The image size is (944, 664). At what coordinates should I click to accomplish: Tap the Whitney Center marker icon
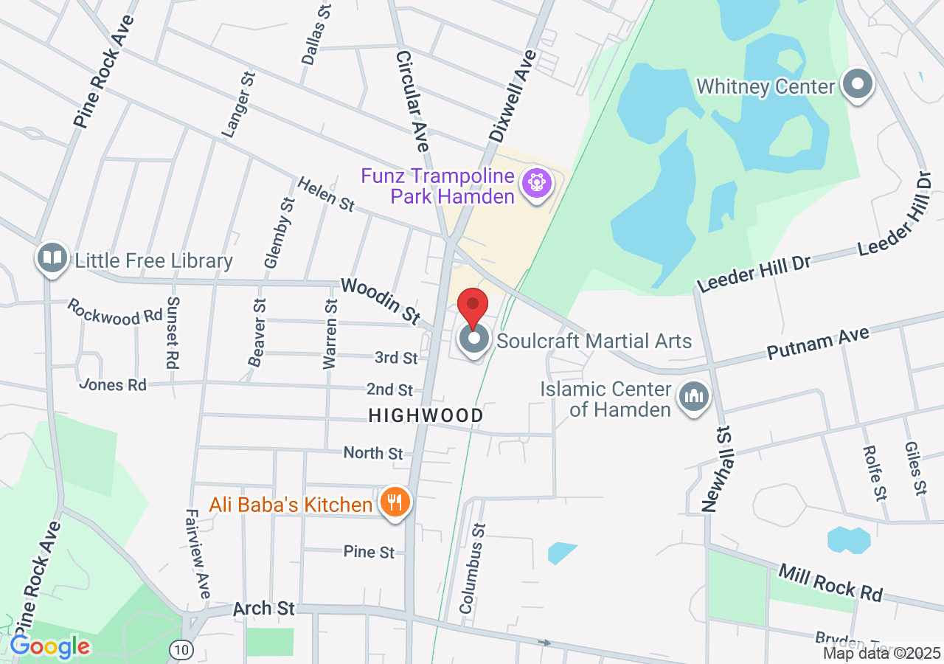pyautogui.click(x=857, y=85)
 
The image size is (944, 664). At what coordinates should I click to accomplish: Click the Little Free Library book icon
pyautogui.click(x=52, y=258)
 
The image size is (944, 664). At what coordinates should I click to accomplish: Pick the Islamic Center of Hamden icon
pyautogui.click(x=693, y=398)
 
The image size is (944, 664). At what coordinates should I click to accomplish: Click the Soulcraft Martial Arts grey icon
pyautogui.click(x=474, y=339)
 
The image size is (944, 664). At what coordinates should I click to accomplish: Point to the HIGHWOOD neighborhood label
pyautogui.click(x=426, y=416)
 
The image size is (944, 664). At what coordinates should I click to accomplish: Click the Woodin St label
pyautogui.click(x=380, y=300)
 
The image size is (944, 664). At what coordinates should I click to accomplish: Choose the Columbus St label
pyautogui.click(x=473, y=568)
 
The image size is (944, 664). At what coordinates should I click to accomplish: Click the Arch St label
pyautogui.click(x=264, y=609)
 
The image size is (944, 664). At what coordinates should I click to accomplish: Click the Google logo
pyautogui.click(x=49, y=647)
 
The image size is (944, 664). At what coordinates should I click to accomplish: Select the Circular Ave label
pyautogui.click(x=412, y=100)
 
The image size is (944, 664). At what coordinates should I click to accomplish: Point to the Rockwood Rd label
pyautogui.click(x=114, y=312)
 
